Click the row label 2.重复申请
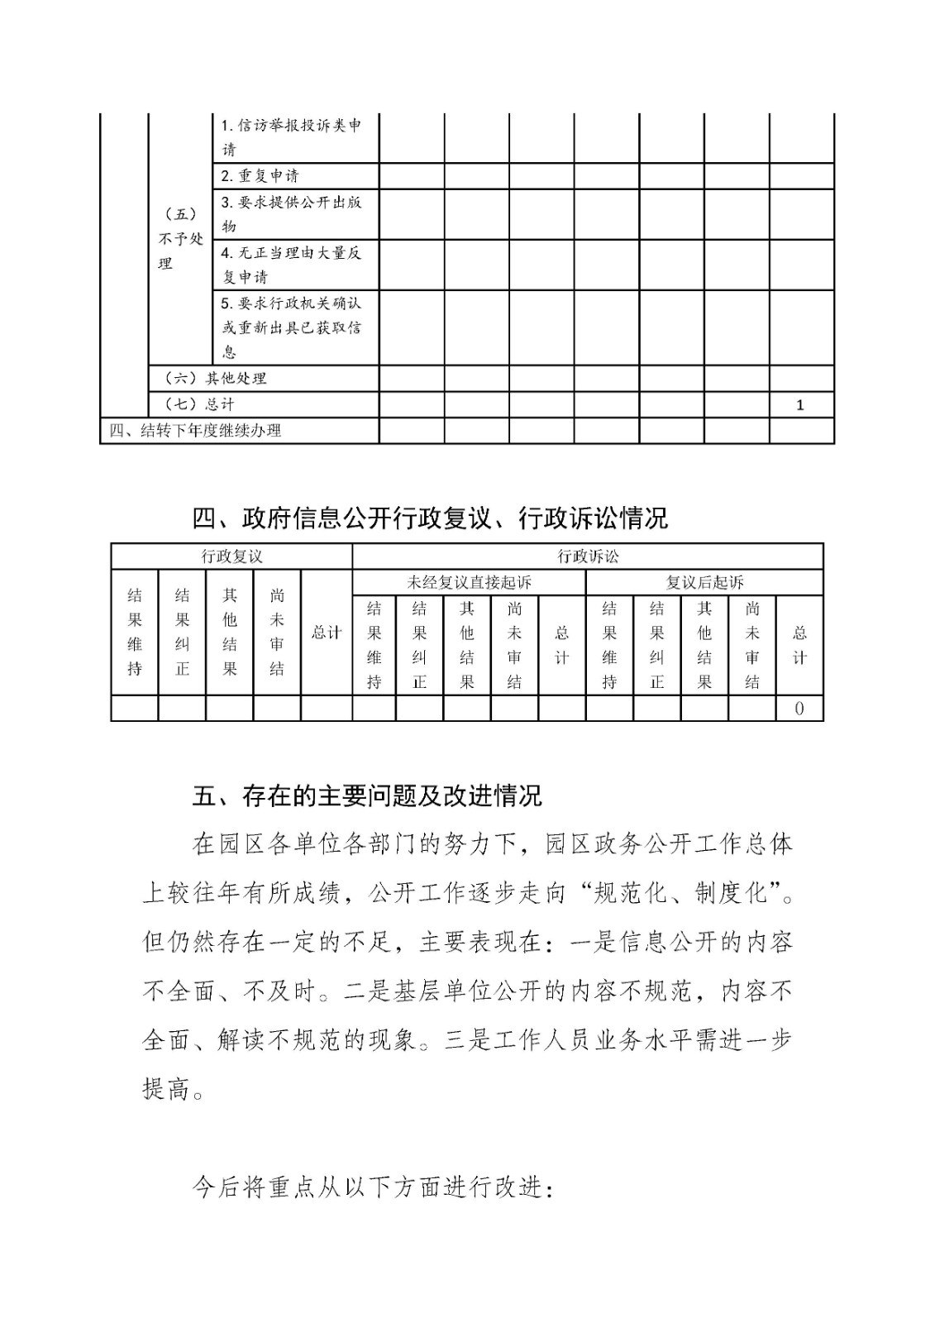(x=260, y=176)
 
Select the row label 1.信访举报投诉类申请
(x=291, y=137)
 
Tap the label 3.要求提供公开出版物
(x=291, y=213)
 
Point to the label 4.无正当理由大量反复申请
(x=291, y=264)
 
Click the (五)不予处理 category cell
(x=180, y=238)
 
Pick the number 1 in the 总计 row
(x=799, y=405)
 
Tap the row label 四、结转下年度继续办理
(x=196, y=430)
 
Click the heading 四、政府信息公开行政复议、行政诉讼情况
(x=430, y=518)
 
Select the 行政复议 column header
(x=231, y=556)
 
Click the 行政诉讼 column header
(x=588, y=556)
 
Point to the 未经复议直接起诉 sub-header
(x=469, y=582)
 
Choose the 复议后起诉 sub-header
(x=704, y=582)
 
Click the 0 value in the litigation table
(x=799, y=709)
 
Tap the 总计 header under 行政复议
(x=326, y=633)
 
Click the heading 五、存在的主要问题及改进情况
(x=367, y=795)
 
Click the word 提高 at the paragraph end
(x=167, y=1088)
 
